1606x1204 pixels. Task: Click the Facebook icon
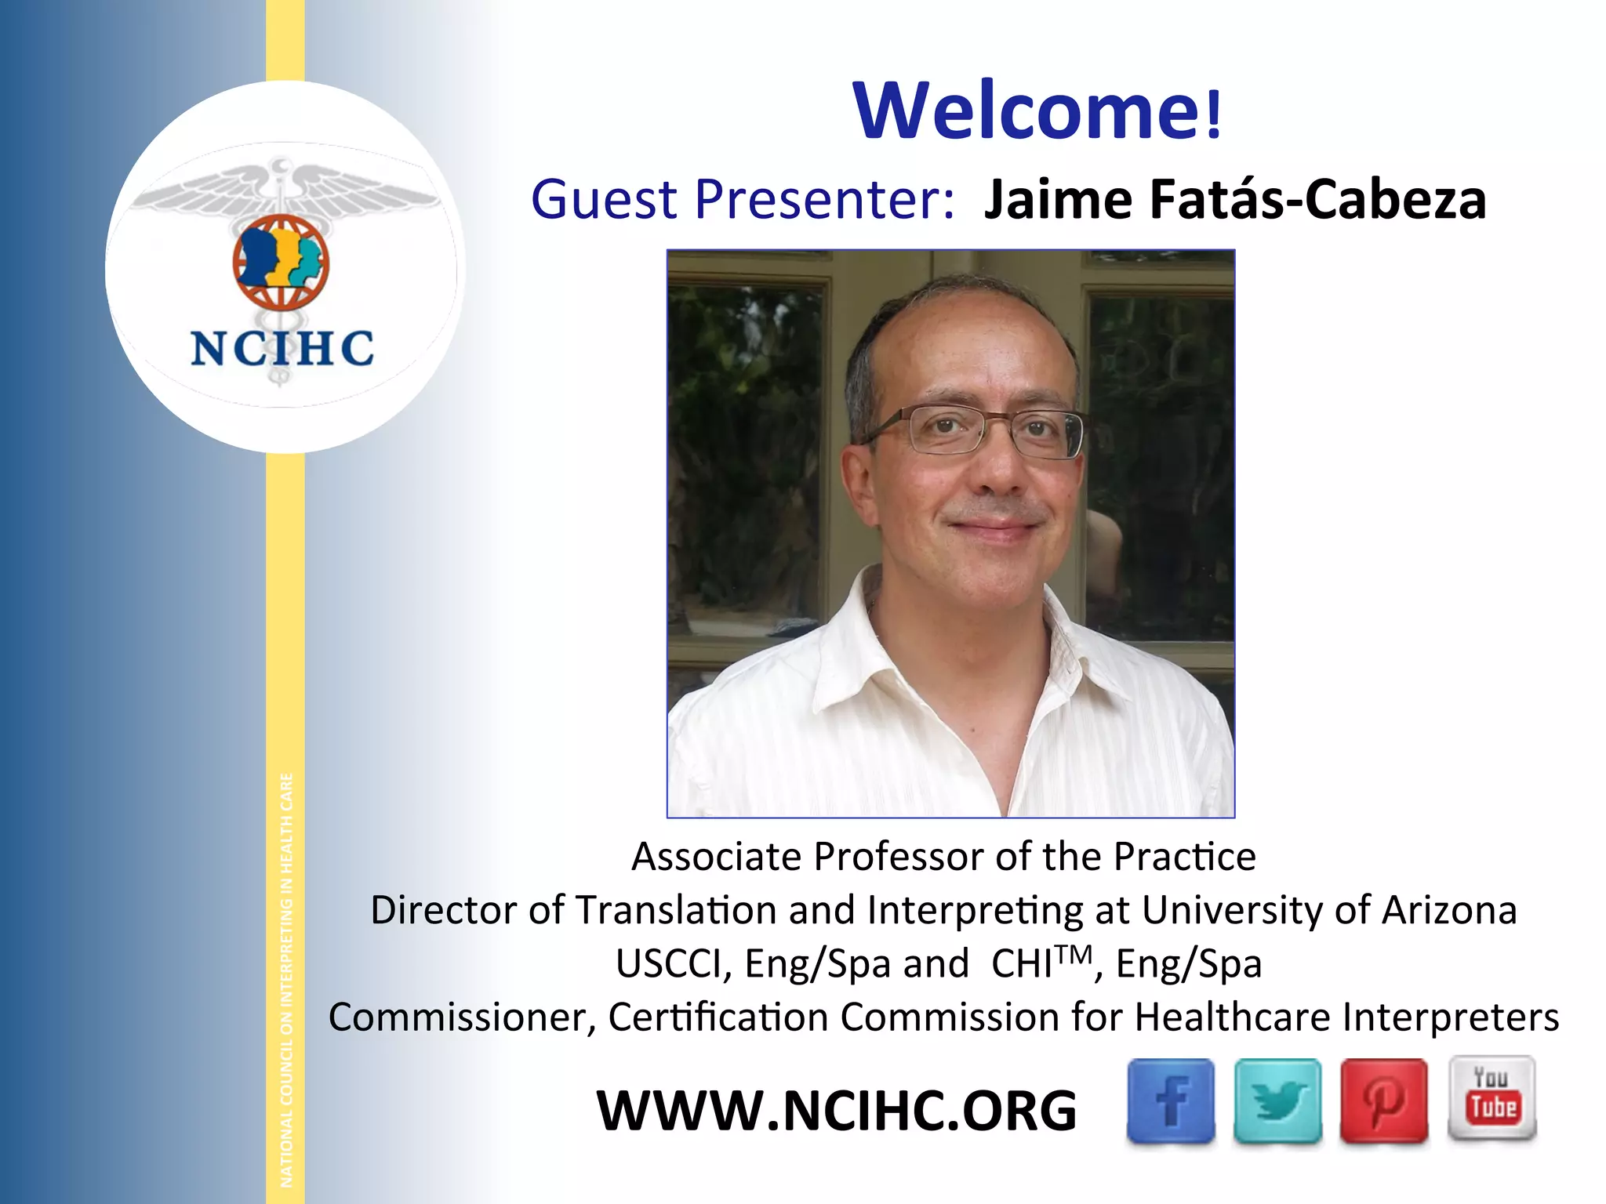[x=1170, y=1101]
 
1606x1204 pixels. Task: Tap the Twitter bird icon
[x=1277, y=1101]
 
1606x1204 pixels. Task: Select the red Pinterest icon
[x=1384, y=1101]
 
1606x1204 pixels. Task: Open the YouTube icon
[x=1492, y=1097]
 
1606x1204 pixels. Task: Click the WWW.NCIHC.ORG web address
[x=837, y=1111]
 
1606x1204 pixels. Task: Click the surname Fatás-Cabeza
[x=1317, y=199]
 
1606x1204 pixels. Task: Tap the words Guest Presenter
[x=742, y=199]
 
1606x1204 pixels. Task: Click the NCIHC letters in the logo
[x=282, y=349]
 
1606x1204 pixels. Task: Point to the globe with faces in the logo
[x=281, y=262]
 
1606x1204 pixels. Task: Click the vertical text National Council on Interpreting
[x=286, y=980]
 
